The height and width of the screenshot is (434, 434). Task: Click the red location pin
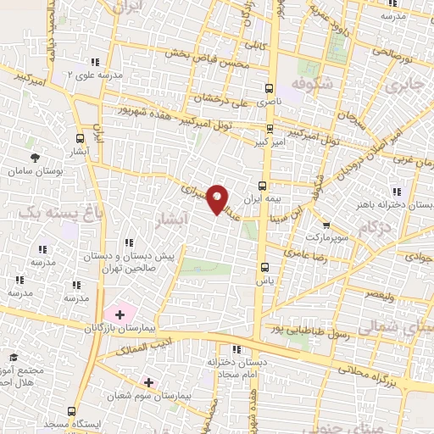tap(218, 200)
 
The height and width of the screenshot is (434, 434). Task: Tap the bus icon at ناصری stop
tap(269, 87)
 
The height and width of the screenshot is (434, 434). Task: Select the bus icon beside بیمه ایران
tap(261, 185)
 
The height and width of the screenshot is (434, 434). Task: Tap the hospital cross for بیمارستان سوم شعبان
tap(149, 383)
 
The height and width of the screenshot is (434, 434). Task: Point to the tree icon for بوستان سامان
tap(35, 158)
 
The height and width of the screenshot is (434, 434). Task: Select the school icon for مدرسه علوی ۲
tap(96, 61)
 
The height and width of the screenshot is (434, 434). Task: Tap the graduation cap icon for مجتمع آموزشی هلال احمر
tap(13, 359)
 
